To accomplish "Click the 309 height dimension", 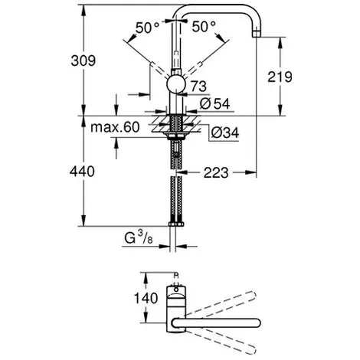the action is pos(83,61).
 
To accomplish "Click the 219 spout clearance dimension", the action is pos(280,77).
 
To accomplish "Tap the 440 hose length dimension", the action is pos(82,171).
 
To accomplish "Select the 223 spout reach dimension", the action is pos(216,173).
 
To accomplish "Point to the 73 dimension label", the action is pos(198,87).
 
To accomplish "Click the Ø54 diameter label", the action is pos(214,103).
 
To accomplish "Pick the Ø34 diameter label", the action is pos(225,133).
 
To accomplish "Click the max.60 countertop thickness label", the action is pos(115,127).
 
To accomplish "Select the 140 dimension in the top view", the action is pos(146,298).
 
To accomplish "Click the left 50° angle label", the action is pos(148,28).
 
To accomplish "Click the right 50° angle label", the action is pos(204,26).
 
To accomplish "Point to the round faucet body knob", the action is pos(175,84).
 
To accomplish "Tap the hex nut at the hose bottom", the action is pos(176,224).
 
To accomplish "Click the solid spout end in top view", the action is pos(257,322).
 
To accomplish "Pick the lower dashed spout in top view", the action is pos(221,342).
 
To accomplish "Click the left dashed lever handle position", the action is pos(159,70).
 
